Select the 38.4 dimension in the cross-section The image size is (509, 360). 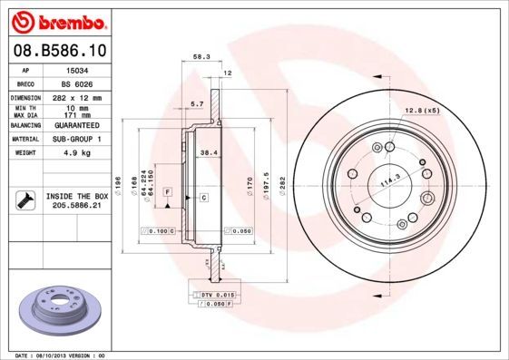point(207,153)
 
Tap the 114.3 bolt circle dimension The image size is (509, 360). point(391,182)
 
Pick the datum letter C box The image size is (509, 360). point(204,198)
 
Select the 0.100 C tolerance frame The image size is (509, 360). point(160,232)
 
